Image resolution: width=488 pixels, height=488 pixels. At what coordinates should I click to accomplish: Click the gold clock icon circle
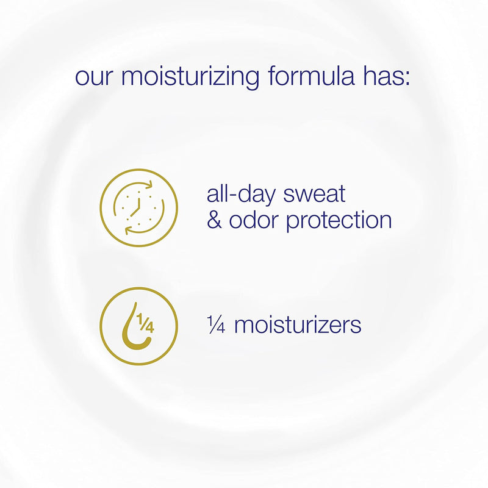tap(138, 208)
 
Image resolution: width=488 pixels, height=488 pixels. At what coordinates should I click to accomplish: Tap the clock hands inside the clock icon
tap(138, 205)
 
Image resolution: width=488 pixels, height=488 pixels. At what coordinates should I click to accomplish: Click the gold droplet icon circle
tap(138, 326)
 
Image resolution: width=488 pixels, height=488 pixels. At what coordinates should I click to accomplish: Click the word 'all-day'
tap(242, 195)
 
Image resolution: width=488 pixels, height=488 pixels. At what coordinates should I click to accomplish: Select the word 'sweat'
tap(315, 195)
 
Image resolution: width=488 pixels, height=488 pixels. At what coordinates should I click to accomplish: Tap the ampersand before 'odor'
tap(214, 221)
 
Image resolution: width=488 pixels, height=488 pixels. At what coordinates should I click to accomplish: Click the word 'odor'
tap(255, 221)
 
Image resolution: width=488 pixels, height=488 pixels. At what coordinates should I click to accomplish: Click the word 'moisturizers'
tap(298, 325)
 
